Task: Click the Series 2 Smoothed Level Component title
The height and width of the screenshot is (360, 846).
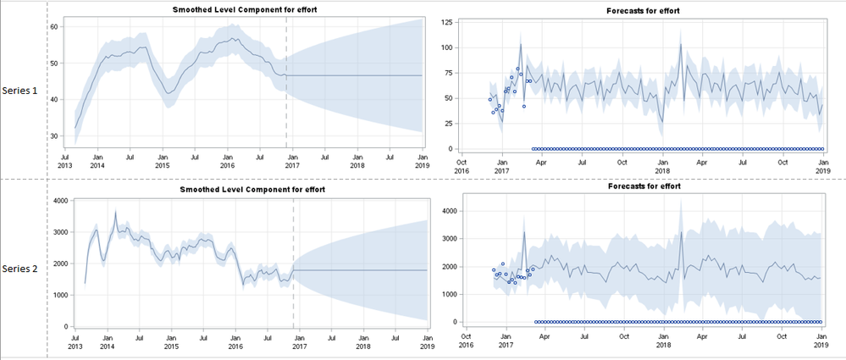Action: click(x=252, y=189)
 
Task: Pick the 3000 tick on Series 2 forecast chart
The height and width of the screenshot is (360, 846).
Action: click(x=450, y=239)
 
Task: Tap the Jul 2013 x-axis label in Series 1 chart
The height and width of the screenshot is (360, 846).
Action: click(x=65, y=160)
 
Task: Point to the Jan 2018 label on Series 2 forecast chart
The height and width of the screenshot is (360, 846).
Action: click(x=663, y=341)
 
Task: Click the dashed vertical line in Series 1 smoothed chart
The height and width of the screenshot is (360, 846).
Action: click(x=286, y=85)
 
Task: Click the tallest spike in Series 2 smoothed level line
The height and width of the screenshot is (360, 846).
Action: click(x=115, y=212)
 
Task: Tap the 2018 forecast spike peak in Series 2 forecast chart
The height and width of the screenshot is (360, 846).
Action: click(x=681, y=232)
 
